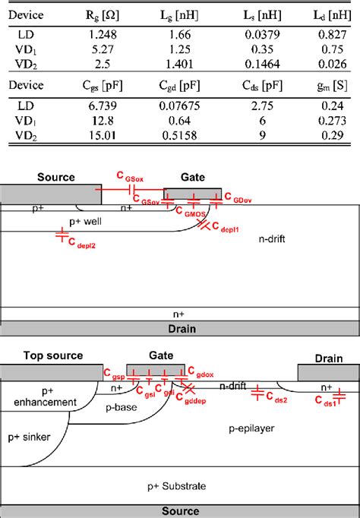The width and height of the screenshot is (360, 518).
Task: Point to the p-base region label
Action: tap(125, 407)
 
